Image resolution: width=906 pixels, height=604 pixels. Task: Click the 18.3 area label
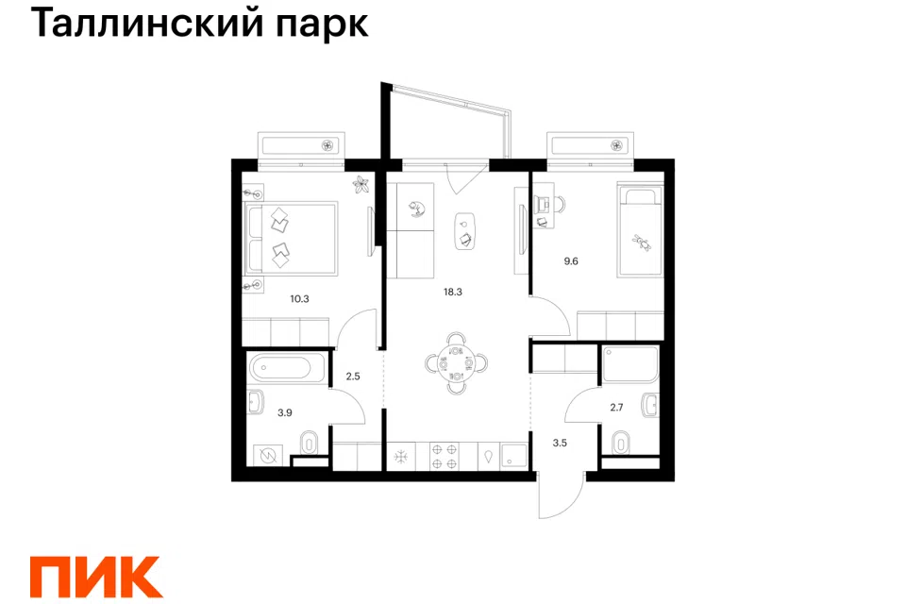coord(452,292)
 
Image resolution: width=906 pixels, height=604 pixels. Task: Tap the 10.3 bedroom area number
coord(299,299)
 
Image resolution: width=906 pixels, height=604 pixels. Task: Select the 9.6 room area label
coord(571,261)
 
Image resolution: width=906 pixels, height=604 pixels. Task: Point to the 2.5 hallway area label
coord(352,377)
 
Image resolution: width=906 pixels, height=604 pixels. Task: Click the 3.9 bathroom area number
coord(284,412)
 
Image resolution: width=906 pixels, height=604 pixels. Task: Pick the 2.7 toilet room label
coord(616,408)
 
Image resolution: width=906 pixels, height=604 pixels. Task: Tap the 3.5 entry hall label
coord(560,444)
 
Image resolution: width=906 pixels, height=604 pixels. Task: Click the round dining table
coord(457,363)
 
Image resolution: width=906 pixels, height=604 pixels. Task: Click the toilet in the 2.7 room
coord(621,443)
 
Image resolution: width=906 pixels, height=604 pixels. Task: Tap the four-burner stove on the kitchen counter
coord(445,456)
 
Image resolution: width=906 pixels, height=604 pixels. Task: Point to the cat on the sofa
coord(416,209)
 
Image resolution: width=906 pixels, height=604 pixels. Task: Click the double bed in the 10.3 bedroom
coord(292,238)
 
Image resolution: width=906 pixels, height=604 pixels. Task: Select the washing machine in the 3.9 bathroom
coord(267,456)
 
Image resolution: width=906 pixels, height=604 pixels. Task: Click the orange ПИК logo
coord(96,577)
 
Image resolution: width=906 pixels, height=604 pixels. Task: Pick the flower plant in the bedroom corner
coord(361,185)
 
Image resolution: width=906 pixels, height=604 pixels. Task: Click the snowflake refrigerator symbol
coord(401,457)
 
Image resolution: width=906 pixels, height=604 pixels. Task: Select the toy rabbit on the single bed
coord(641,243)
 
